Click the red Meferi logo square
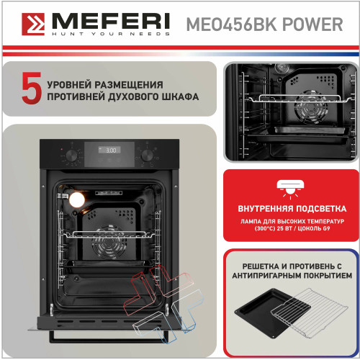pyautogui.click(x=33, y=24)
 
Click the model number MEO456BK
pyautogui.click(x=232, y=24)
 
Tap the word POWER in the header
pyautogui.click(x=312, y=24)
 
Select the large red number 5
pyautogui.click(x=32, y=89)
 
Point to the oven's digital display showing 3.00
pyautogui.click(x=109, y=150)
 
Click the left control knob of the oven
pyautogui.click(x=71, y=156)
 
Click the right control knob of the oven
pyautogui.click(x=147, y=156)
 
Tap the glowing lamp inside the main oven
pyautogui.click(x=77, y=199)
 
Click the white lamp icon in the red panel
pyautogui.click(x=290, y=189)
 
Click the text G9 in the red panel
pyautogui.click(x=326, y=228)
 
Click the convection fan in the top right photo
pyautogui.click(x=311, y=108)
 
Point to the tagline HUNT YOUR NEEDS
pyautogui.click(x=111, y=34)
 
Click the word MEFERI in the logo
pyautogui.click(x=111, y=21)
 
